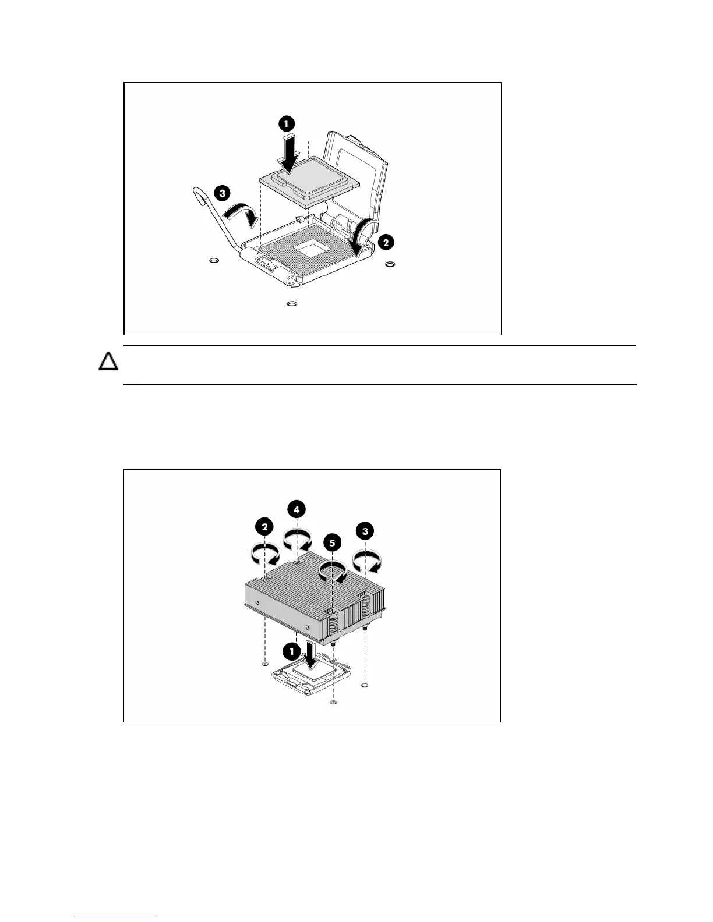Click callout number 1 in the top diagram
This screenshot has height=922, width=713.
click(x=286, y=123)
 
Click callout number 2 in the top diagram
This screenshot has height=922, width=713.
click(x=385, y=243)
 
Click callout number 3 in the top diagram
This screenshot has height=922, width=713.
click(x=221, y=193)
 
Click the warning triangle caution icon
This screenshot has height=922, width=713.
click(x=108, y=361)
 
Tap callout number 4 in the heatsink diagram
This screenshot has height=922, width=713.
click(x=297, y=509)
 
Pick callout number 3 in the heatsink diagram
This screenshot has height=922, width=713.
click(x=365, y=531)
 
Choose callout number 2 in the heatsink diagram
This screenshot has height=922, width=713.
click(x=264, y=527)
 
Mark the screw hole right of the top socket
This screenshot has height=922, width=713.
click(x=390, y=265)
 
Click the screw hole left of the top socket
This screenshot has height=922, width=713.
click(x=214, y=261)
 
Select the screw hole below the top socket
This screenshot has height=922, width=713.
click(x=292, y=303)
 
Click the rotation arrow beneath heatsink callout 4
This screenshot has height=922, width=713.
click(x=297, y=538)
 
